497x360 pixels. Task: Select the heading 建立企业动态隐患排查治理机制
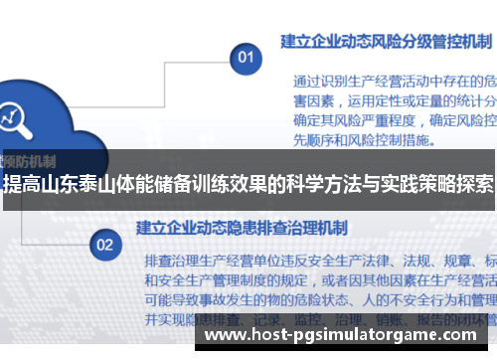pos(243,228)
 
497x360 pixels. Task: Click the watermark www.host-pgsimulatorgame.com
pos(349,337)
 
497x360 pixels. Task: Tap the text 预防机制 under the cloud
pos(30,159)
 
